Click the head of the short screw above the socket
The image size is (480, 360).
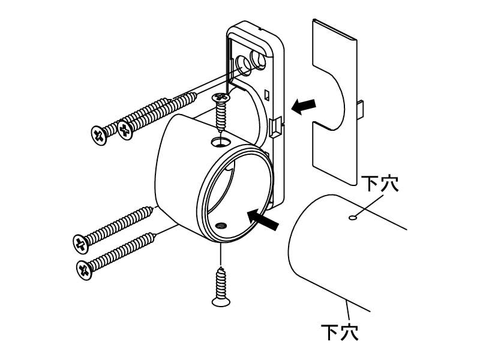220,98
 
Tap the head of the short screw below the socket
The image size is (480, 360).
221,302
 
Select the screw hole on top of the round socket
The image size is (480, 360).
221,142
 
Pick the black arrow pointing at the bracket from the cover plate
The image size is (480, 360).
304,106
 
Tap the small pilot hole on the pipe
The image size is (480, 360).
353,218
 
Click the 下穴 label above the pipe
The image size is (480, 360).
380,184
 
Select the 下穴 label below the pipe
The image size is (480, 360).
340,332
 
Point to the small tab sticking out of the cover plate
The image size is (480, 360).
361,110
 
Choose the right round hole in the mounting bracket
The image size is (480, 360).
259,58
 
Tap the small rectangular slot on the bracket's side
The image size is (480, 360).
266,95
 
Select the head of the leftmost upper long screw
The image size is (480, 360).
98,136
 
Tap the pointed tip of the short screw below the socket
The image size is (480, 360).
221,267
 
